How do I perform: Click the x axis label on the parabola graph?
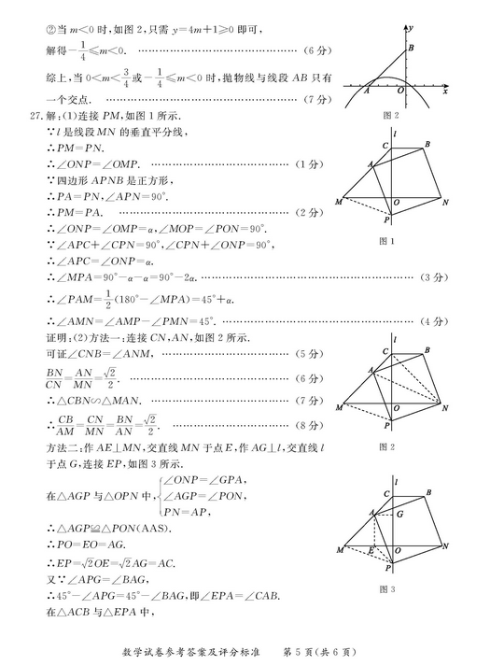click(x=446, y=92)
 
